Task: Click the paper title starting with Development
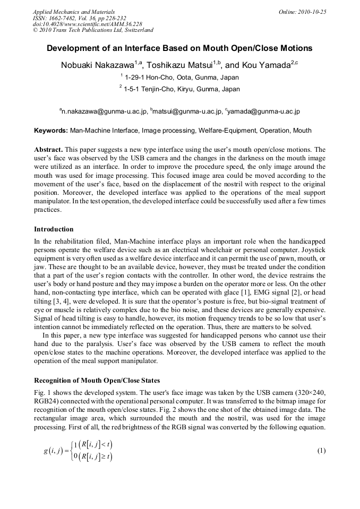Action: pyautogui.click(x=179, y=48)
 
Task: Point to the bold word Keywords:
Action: pyautogui.click(x=51, y=131)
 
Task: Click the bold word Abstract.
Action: pyautogui.click(x=49, y=150)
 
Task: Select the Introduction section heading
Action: pyautogui.click(x=54, y=229)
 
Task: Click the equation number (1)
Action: pyautogui.click(x=321, y=451)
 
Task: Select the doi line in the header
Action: pyautogui.click(x=87, y=24)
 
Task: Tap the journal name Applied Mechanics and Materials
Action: pyautogui.click(x=73, y=12)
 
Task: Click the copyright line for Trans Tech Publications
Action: pyautogui.click(x=93, y=30)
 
